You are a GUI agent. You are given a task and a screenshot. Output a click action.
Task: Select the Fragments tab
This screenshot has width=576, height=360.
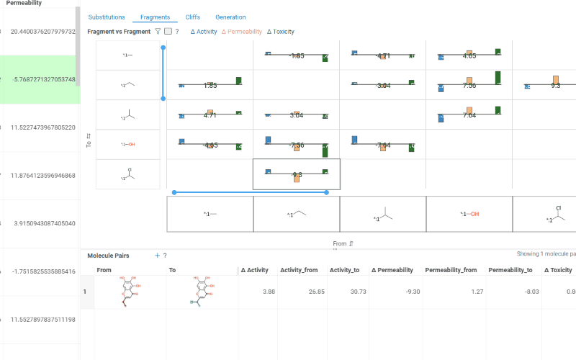[155, 17]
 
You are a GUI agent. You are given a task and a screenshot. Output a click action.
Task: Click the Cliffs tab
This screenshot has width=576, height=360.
[193, 17]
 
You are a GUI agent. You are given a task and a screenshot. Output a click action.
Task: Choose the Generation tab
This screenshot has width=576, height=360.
[230, 17]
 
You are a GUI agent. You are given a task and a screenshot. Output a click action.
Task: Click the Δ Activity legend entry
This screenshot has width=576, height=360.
[204, 32]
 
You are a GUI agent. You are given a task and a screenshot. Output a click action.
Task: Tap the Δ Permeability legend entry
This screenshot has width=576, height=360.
[242, 32]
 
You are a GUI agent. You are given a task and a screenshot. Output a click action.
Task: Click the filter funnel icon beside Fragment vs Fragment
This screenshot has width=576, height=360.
[158, 32]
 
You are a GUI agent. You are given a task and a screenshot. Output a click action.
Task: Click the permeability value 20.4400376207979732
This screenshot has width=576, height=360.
[42, 31]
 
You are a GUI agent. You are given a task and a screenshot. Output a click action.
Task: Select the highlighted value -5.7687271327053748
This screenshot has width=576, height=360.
[43, 79]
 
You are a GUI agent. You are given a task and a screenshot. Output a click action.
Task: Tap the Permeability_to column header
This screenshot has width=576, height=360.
[510, 270]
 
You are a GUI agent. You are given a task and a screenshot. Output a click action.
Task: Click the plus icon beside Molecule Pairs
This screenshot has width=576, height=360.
[157, 256]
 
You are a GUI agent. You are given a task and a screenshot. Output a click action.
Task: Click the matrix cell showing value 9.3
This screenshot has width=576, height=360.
[555, 85]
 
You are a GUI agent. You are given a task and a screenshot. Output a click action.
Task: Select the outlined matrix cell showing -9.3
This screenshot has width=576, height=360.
[297, 174]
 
